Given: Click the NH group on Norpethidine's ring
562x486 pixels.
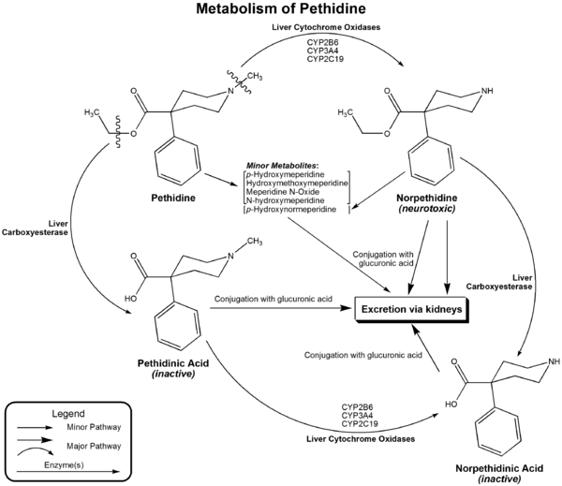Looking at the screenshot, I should (x=485, y=91).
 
